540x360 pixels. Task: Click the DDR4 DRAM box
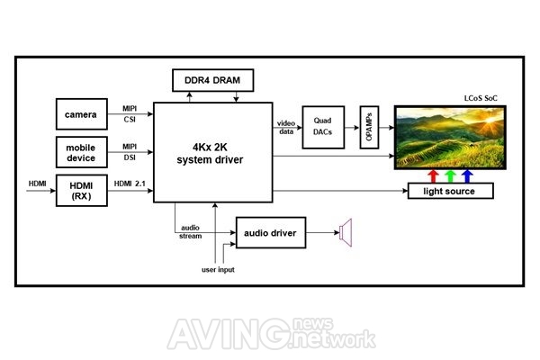212,80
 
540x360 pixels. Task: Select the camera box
82,114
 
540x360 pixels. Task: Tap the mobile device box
82,152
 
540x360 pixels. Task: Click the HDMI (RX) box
82,191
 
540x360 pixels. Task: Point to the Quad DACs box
323,128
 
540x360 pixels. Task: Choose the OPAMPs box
369,128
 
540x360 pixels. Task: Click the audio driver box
271,232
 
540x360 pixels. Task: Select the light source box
451,191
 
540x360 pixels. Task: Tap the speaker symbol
346,232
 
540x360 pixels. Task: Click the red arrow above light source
433,176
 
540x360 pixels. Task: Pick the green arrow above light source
450,176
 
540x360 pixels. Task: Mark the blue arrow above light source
467,176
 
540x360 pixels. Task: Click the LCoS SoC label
481,98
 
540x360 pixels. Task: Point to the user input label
218,269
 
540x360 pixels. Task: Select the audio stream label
191,232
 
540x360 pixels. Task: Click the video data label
286,128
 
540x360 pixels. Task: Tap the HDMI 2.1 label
130,184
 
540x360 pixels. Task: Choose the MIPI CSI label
130,114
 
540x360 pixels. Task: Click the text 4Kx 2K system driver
210,153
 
